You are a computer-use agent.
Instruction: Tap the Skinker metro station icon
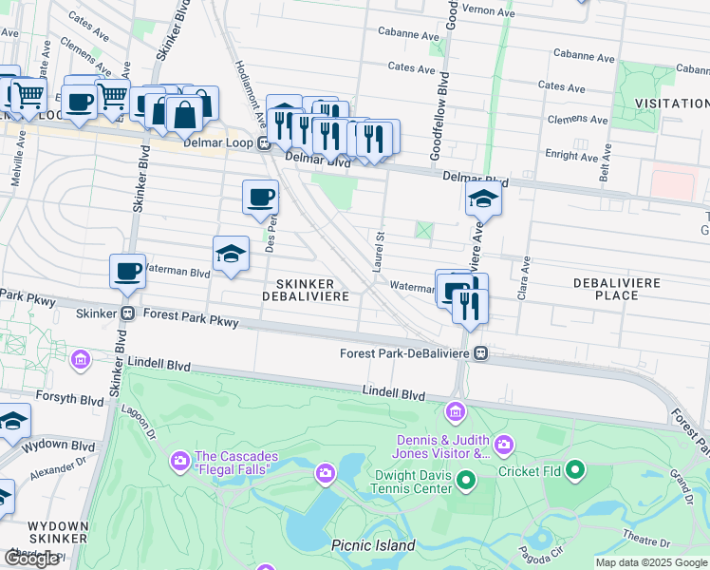tap(127, 313)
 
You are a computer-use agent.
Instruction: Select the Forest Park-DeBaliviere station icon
tap(481, 353)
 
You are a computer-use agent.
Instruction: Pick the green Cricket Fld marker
tap(574, 469)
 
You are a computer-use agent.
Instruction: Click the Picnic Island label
tap(373, 545)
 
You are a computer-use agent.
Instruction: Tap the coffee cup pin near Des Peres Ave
tap(260, 198)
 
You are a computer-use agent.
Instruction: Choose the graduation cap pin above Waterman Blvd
tap(231, 254)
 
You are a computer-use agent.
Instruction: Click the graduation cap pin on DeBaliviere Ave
tap(483, 199)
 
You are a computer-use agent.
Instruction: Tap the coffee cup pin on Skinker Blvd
tap(127, 272)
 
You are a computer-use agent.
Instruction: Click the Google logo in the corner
tap(32, 559)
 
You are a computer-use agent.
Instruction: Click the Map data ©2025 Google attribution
tap(651, 562)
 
